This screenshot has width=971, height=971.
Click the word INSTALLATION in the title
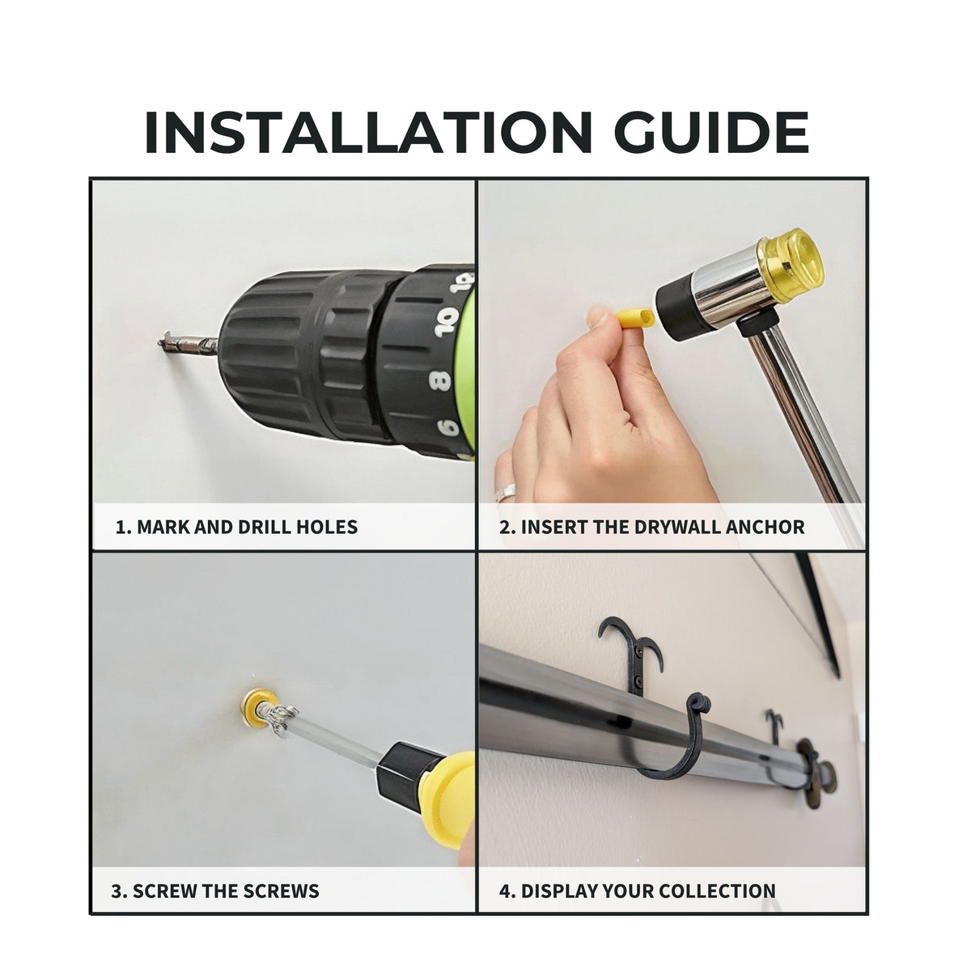pyautogui.click(x=368, y=132)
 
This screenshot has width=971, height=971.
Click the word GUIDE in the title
pyautogui.click(x=711, y=132)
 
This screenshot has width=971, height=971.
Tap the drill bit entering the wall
pyautogui.click(x=188, y=344)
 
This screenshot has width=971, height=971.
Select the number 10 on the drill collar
pyautogui.click(x=447, y=321)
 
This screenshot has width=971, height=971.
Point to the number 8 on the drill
pyautogui.click(x=441, y=379)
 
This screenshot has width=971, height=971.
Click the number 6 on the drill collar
pyautogui.click(x=448, y=426)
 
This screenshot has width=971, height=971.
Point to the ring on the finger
pyautogui.click(x=506, y=490)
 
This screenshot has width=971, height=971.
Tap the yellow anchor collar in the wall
pyautogui.click(x=259, y=709)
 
